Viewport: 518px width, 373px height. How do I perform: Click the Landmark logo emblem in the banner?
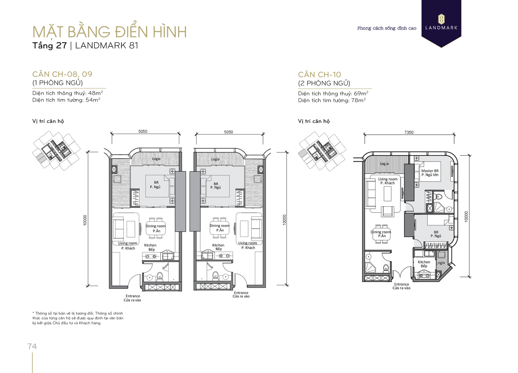tap(441, 19)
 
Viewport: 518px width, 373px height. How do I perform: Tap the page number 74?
tap(32, 346)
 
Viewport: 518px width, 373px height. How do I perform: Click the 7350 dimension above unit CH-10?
tap(409, 132)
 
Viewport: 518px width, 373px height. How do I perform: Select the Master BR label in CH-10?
tap(430, 171)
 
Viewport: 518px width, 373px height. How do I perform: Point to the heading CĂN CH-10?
tap(320, 74)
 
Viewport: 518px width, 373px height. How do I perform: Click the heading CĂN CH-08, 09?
tap(62, 74)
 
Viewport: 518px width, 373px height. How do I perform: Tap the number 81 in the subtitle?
tap(133, 45)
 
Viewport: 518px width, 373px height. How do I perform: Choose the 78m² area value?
tap(358, 100)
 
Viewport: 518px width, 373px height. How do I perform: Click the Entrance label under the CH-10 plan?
tap(402, 284)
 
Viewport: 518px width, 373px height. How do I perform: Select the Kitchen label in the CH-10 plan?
tap(424, 262)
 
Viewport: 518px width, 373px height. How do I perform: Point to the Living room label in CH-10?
tap(388, 179)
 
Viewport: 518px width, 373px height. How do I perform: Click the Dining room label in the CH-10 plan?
tap(381, 232)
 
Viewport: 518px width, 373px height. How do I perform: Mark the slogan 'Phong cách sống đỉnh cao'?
tap(387, 28)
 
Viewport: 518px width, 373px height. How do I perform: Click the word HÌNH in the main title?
tap(170, 32)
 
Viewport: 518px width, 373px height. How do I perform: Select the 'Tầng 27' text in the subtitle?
tap(50, 45)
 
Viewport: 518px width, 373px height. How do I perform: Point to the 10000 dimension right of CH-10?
tap(466, 217)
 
